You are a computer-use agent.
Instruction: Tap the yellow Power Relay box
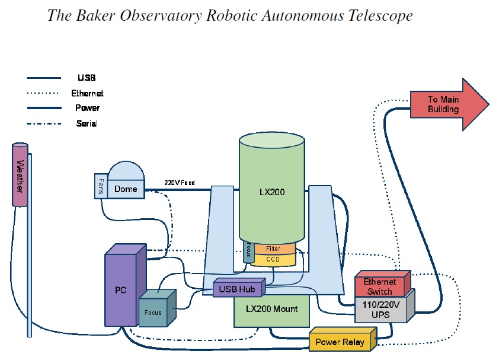pos(340,342)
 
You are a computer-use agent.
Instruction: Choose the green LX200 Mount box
pos(271,310)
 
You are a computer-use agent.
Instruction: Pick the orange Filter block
pos(273,249)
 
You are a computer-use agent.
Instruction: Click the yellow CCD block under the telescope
pos(273,259)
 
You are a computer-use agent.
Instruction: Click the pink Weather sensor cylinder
pos(21,175)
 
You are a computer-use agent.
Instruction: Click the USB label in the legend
pos(87,78)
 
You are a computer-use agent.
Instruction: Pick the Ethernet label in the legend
pos(87,93)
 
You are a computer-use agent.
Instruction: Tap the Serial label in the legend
pos(87,123)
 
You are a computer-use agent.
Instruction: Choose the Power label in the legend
pos(87,108)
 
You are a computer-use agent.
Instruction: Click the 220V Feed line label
pos(179,183)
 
